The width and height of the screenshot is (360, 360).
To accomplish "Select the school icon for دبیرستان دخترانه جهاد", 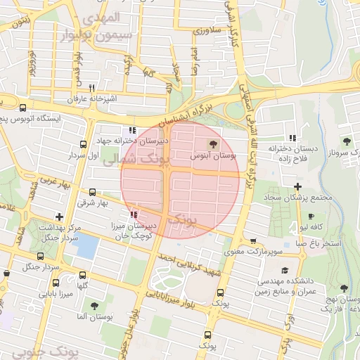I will (x=132, y=130).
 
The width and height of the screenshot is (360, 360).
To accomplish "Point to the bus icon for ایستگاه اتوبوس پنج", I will (x=23, y=108).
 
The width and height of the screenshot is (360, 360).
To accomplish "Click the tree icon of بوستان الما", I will (x=95, y=306).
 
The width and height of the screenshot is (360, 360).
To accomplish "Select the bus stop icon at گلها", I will (x=83, y=276).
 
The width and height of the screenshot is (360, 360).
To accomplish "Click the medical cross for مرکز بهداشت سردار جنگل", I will (x=59, y=217).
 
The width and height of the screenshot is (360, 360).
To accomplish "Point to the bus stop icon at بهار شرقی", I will (x=92, y=192).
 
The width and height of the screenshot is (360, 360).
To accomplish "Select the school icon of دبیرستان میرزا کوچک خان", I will (x=134, y=214).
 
